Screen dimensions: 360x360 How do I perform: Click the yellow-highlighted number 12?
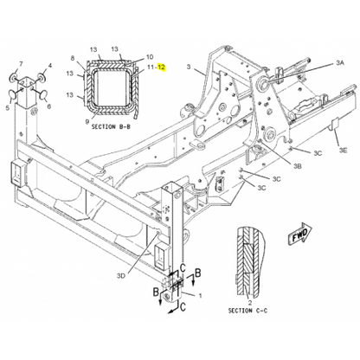[162, 67]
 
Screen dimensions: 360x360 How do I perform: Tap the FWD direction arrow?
[300, 234]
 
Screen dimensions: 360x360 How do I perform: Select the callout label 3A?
[340, 62]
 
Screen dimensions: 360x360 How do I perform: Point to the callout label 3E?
[343, 150]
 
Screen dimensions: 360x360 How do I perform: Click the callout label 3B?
[297, 166]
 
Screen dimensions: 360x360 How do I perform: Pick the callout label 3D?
[121, 276]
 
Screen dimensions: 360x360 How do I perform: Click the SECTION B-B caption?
[111, 126]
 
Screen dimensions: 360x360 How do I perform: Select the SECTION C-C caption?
[247, 311]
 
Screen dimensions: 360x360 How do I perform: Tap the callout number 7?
[21, 63]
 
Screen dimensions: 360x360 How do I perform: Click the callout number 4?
[50, 66]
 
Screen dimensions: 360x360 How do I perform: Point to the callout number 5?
[7, 107]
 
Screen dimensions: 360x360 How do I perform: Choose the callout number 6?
[49, 106]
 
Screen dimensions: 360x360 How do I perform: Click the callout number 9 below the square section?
[87, 121]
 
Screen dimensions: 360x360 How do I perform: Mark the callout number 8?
[73, 58]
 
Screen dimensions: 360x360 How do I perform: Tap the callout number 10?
[150, 57]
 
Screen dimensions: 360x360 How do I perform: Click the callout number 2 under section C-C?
[250, 302]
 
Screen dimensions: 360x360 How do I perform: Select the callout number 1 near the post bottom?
[200, 295]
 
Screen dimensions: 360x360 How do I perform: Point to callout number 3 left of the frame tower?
[189, 67]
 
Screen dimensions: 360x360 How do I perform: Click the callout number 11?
[151, 67]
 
